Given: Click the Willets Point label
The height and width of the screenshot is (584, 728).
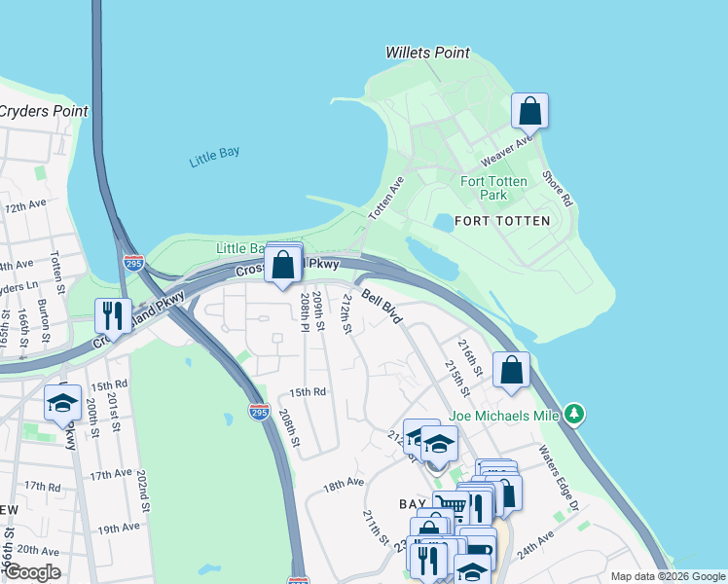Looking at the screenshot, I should click(427, 53).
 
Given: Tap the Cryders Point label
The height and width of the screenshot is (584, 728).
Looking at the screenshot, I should click(43, 111).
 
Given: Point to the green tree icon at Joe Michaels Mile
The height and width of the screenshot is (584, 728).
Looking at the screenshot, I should click(575, 415).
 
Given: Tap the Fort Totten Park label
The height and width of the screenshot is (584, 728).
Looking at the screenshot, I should click(494, 188).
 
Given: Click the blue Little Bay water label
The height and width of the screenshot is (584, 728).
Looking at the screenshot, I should click(215, 157).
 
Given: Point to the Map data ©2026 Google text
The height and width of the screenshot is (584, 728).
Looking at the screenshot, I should click(667, 576).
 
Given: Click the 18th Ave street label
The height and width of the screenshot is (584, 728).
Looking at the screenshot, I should click(344, 483).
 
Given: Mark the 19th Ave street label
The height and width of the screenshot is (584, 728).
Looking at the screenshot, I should click(118, 528).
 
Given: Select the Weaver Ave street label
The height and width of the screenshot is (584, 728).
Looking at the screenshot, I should click(507, 150).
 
